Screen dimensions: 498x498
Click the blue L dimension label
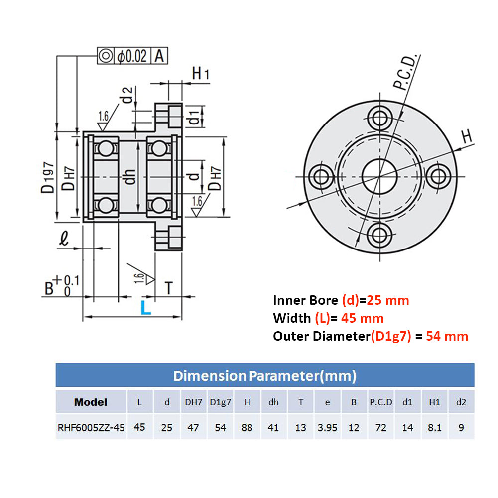pos(145,307)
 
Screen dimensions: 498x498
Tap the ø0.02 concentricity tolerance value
pos(132,56)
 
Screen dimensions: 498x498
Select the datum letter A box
pos(159,56)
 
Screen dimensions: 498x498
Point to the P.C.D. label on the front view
pos(405,73)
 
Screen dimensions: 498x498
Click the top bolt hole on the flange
pos(380,118)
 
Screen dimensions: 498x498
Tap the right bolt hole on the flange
pos(439,176)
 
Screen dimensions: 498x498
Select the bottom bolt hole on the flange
pos(380,234)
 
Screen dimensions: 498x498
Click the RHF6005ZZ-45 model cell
pos(91,427)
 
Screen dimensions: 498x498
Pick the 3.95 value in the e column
pos(327,428)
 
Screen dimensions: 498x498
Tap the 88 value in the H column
pos(247,428)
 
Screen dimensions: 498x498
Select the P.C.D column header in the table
pos(381,402)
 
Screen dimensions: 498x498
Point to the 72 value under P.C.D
pos(381,428)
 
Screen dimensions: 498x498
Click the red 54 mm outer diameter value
pos(447,336)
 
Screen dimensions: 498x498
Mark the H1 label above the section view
pos(200,74)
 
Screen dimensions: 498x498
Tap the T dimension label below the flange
pos(169,288)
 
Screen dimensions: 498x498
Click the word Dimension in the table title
pos(210,376)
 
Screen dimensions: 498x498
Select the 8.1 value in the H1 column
pos(435,428)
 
